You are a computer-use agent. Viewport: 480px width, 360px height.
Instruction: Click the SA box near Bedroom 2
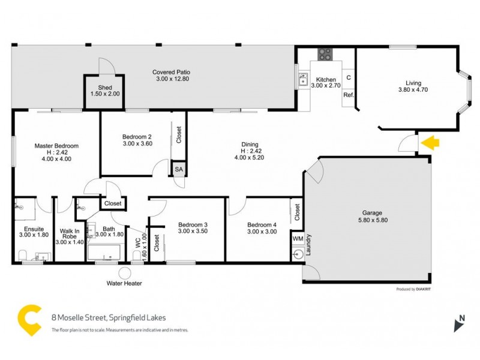coord(179,170)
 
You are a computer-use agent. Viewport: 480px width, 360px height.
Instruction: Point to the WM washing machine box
coord(298,239)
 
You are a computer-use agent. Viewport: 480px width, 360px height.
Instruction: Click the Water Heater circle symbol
coord(124,273)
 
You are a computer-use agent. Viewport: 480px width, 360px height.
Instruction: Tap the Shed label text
coord(105,88)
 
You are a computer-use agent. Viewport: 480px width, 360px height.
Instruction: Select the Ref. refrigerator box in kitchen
coord(349,95)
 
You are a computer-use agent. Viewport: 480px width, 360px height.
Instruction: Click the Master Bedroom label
coord(56,146)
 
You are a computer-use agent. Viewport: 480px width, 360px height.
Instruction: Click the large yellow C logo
coord(30,319)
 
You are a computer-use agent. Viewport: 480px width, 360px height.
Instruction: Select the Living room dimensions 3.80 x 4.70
coord(413,90)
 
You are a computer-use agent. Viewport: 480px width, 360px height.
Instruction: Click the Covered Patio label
coord(172,72)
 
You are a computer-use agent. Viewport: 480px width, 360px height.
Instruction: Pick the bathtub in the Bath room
coord(108,252)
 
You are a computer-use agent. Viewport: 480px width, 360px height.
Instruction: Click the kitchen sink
coord(305,81)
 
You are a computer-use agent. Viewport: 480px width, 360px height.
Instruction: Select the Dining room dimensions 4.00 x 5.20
coord(250,157)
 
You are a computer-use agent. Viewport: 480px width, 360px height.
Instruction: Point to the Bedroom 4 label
coord(262,225)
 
